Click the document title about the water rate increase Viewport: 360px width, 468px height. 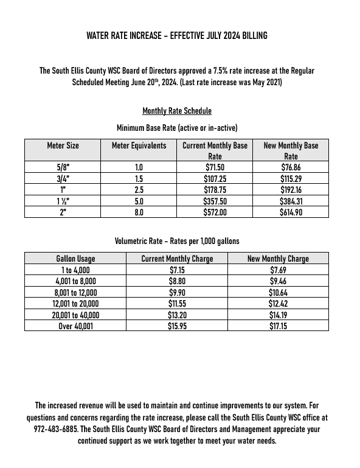(x=177, y=36)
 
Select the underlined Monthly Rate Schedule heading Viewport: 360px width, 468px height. (x=177, y=111)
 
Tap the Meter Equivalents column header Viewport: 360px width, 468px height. (x=139, y=146)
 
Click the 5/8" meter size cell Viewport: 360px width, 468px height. (x=63, y=166)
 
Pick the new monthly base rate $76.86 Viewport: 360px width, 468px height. (x=291, y=166)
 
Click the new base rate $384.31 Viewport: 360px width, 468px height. (x=291, y=201)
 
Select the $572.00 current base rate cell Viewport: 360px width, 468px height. (x=215, y=212)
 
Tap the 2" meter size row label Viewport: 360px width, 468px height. (x=63, y=212)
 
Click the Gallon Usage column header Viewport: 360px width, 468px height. (x=75, y=259)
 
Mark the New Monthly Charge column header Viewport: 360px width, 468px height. (x=278, y=259)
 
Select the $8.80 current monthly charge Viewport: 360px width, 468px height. (x=177, y=282)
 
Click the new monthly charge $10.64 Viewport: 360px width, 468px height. (x=278, y=293)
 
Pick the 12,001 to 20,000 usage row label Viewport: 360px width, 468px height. (x=75, y=304)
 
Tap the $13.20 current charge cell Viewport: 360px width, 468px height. (x=177, y=316)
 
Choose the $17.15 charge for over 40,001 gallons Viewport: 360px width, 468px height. (x=278, y=327)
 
